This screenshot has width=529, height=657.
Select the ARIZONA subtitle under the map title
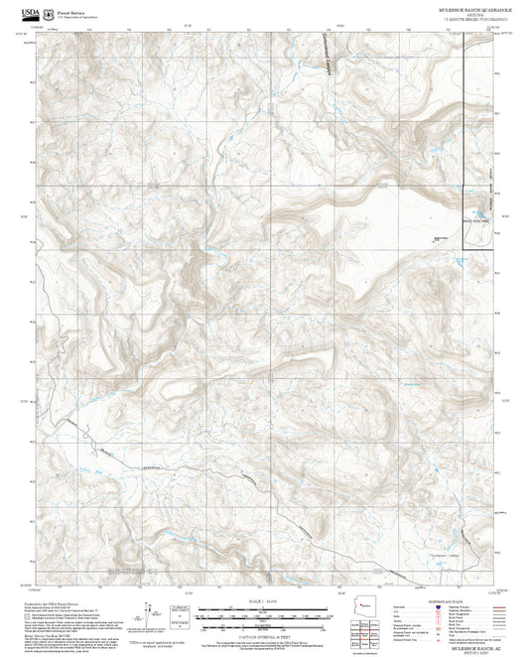coord(452,14)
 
